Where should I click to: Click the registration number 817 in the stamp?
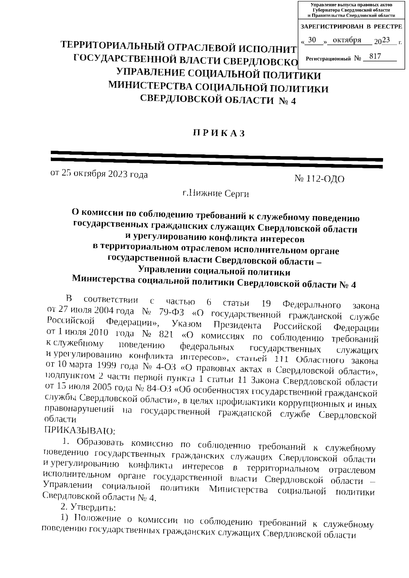375,56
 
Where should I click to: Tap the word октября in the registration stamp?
347,40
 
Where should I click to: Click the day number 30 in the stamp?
312,40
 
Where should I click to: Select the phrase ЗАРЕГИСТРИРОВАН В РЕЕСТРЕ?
351,27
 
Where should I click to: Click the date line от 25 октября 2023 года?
99,174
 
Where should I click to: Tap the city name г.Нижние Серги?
216,194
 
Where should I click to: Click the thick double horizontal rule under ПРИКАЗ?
216,159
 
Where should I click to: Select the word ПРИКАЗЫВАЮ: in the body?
80,431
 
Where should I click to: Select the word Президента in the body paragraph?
236,325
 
